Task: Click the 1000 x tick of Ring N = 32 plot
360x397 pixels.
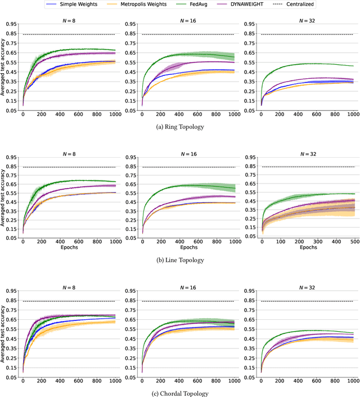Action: (352, 114)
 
